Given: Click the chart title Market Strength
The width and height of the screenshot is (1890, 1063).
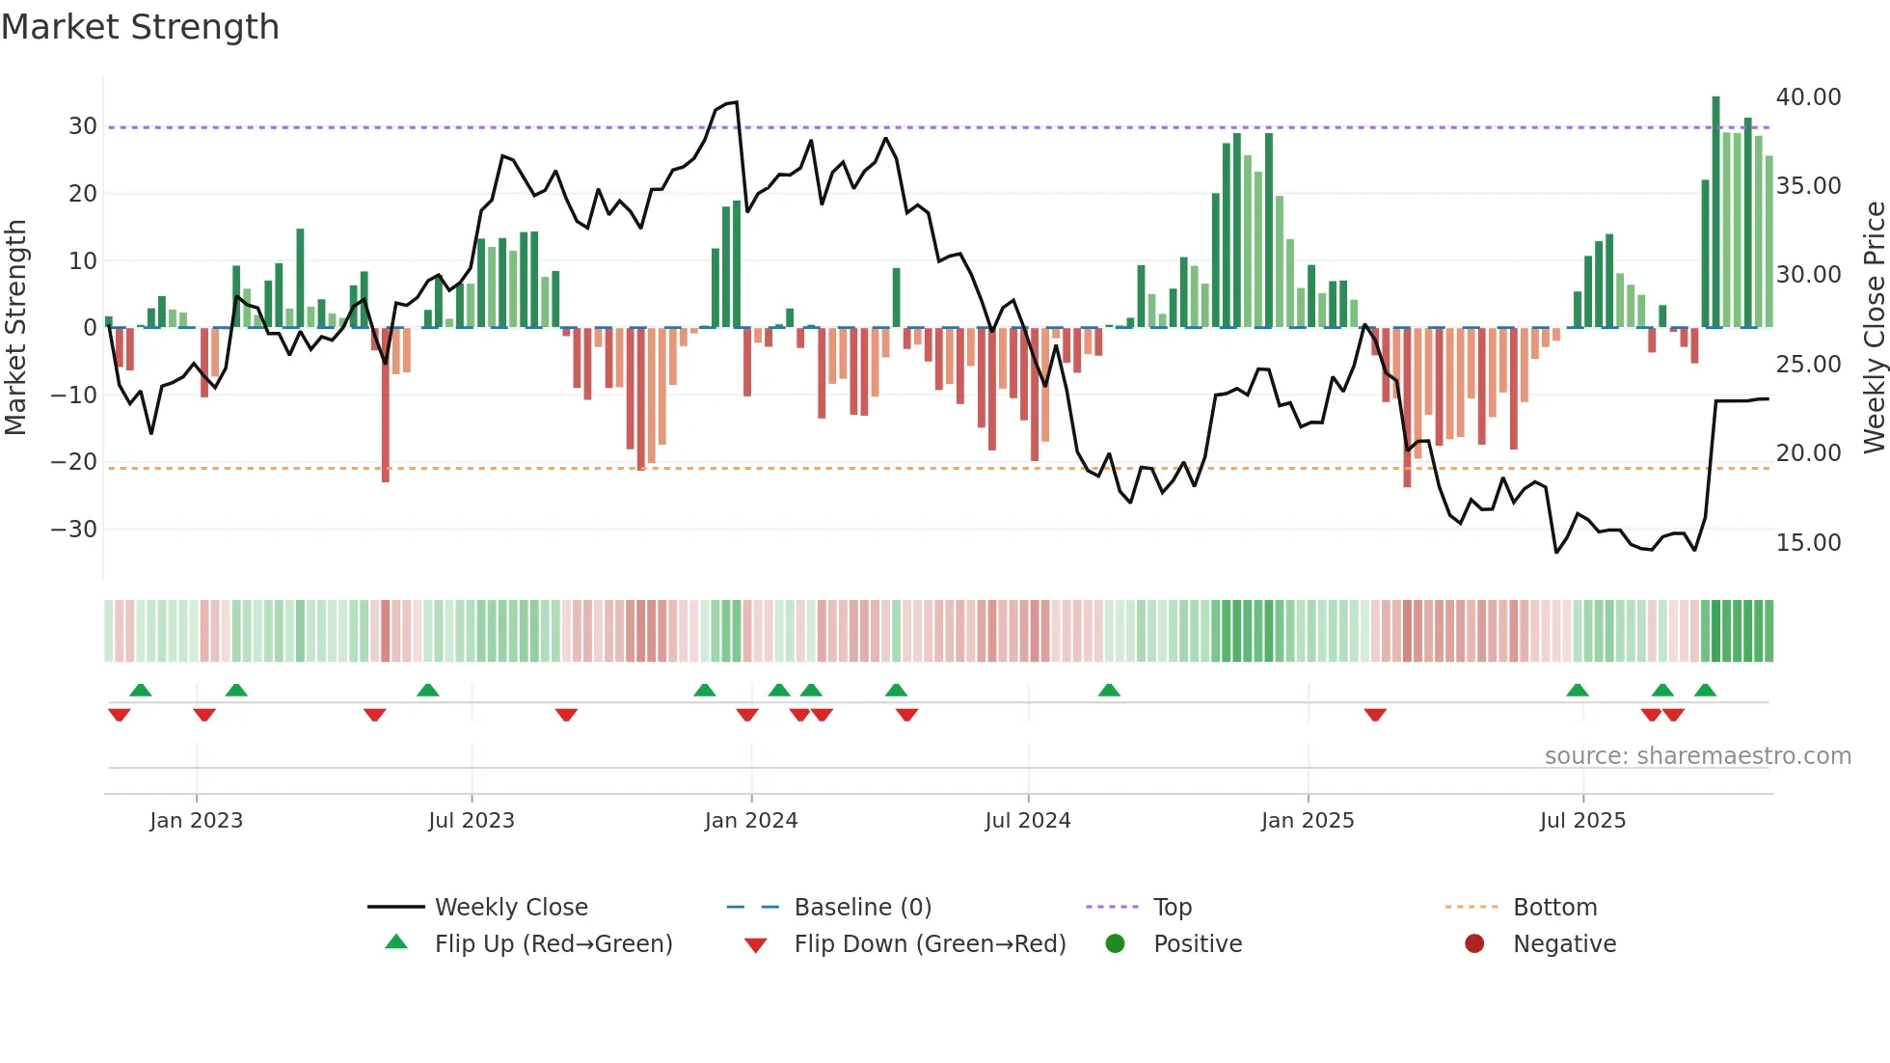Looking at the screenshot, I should tap(140, 27).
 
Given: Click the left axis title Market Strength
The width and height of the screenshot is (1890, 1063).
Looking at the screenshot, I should tap(15, 327).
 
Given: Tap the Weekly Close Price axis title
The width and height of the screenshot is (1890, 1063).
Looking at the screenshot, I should tap(1874, 327).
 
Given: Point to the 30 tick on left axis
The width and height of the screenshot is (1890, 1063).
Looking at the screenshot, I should tap(82, 126).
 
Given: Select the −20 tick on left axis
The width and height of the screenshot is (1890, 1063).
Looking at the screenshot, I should tap(74, 462).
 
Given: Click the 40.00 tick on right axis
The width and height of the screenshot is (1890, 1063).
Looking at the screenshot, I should tap(1808, 97).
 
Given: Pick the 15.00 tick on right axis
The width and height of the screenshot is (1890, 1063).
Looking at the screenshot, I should tap(1808, 543).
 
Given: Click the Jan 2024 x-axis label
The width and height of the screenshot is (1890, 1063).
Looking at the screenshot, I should tap(751, 821).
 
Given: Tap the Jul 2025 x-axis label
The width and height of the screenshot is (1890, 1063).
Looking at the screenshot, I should tap(1582, 821).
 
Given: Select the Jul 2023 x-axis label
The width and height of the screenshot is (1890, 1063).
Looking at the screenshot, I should tap(472, 821).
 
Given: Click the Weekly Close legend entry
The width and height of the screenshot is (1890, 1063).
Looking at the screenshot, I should tap(510, 908).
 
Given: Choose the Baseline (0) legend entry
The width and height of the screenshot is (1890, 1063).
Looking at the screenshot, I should tap(862, 908).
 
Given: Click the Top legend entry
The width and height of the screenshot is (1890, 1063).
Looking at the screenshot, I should tap(1172, 908).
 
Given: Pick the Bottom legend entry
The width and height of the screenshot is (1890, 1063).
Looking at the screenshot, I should tap(1554, 908).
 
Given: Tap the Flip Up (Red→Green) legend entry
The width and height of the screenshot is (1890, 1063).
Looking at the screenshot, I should tap(553, 944).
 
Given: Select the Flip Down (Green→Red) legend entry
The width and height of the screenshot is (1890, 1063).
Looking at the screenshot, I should tap(930, 944).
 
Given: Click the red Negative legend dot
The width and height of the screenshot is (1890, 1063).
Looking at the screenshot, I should tap(1474, 944).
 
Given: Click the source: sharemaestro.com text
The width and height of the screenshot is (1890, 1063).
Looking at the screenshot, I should tap(1697, 756).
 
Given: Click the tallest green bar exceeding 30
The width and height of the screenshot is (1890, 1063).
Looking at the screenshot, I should tap(1716, 212).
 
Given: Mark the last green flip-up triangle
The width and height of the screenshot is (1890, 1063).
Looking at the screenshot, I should tap(1705, 691).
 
